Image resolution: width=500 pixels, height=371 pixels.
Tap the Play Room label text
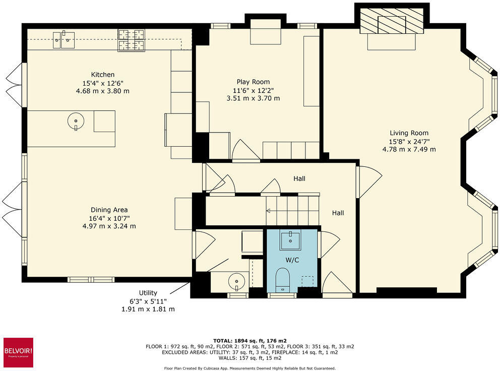point(253,82)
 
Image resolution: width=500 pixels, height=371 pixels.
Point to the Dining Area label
point(109,210)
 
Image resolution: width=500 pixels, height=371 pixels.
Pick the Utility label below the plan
point(148,293)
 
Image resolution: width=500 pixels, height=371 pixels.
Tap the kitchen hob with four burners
point(131,40)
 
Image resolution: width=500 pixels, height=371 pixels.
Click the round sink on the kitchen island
point(75,121)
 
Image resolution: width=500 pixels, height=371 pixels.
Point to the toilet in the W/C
point(283,278)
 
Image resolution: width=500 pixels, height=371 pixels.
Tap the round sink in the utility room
point(236,280)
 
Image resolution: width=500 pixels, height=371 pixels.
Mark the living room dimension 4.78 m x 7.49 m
point(409,149)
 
